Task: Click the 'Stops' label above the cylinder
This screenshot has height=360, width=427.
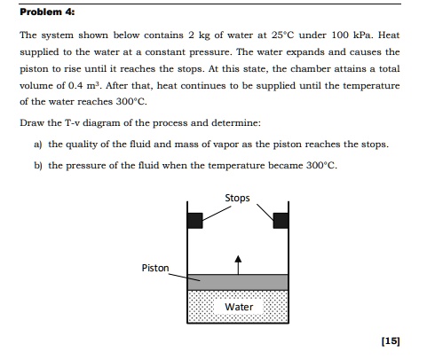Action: pyautogui.click(x=238, y=197)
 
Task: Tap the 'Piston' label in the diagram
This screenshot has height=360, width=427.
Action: pyautogui.click(x=154, y=267)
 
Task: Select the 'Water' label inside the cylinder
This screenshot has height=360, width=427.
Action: pyautogui.click(x=239, y=307)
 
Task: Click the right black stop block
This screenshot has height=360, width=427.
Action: pyautogui.click(x=281, y=219)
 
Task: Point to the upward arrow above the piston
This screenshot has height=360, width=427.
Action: pyautogui.click(x=237, y=261)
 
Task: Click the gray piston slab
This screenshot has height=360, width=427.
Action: pyautogui.click(x=238, y=281)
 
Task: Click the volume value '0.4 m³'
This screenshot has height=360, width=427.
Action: pyautogui.click(x=95, y=87)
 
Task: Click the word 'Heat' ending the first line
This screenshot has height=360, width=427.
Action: pyautogui.click(x=387, y=36)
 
